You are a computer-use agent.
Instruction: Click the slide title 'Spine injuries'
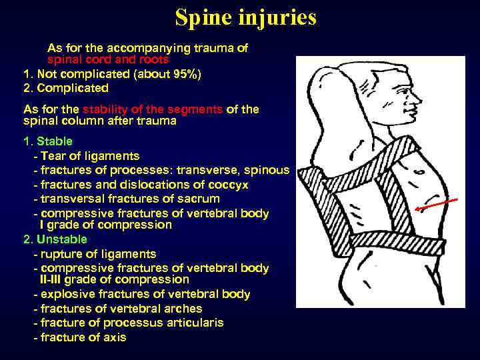(x=245, y=18)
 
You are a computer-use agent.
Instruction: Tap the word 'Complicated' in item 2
(x=73, y=88)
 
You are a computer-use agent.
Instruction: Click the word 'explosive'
(x=69, y=294)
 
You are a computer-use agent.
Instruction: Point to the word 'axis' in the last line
(x=113, y=337)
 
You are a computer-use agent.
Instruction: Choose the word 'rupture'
(x=61, y=254)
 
